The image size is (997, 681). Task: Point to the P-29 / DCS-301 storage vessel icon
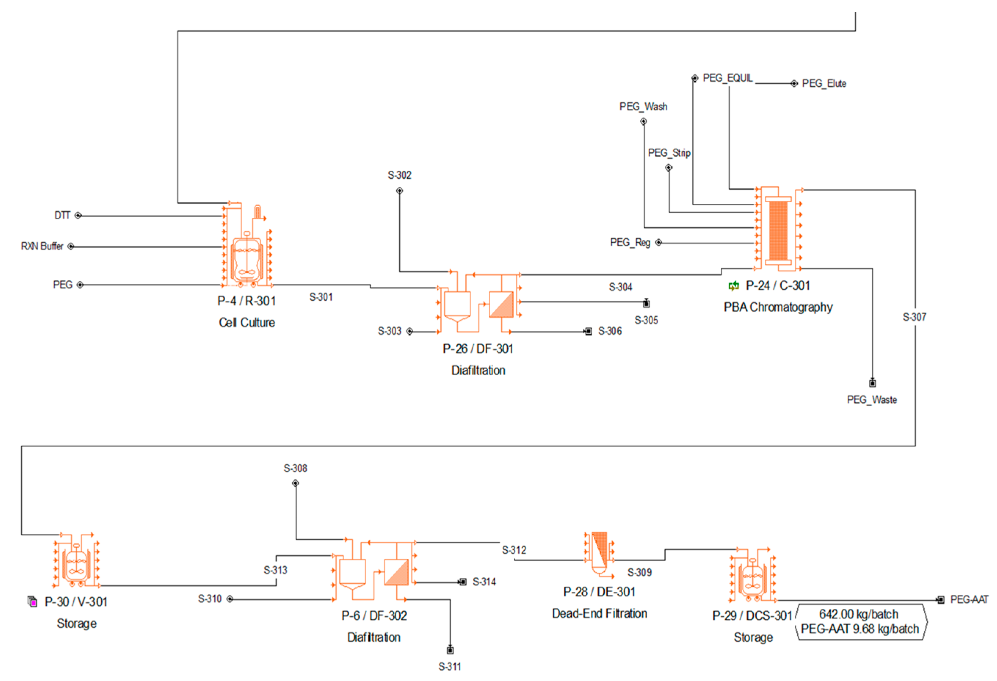click(x=753, y=577)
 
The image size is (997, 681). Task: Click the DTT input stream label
click(x=62, y=215)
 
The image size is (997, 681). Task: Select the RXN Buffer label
click(x=42, y=246)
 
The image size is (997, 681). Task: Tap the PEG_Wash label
click(x=643, y=106)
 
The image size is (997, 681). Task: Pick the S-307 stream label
click(x=914, y=317)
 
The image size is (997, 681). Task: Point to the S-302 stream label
click(x=399, y=175)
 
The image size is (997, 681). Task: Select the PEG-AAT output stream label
click(x=969, y=600)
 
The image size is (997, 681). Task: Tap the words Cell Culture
click(x=247, y=323)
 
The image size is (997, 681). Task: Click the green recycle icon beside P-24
click(x=734, y=286)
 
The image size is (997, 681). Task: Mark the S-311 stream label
click(x=450, y=666)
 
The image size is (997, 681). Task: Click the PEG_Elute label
click(x=824, y=84)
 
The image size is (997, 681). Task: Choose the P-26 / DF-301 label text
click(x=478, y=349)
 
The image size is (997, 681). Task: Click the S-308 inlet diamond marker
click(x=296, y=483)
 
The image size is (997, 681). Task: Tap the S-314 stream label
click(x=484, y=582)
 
